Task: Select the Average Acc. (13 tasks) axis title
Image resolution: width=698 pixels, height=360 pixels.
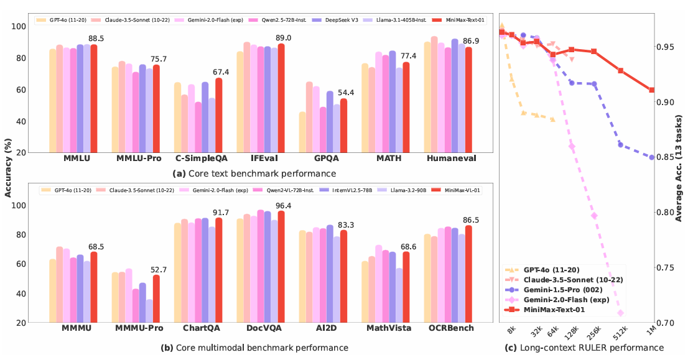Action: (679, 168)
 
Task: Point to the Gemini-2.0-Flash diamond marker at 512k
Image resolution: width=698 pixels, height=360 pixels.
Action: (620, 312)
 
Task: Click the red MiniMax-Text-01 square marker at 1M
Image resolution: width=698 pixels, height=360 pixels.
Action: (651, 90)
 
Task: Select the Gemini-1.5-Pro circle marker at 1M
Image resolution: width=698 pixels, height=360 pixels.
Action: (651, 157)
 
